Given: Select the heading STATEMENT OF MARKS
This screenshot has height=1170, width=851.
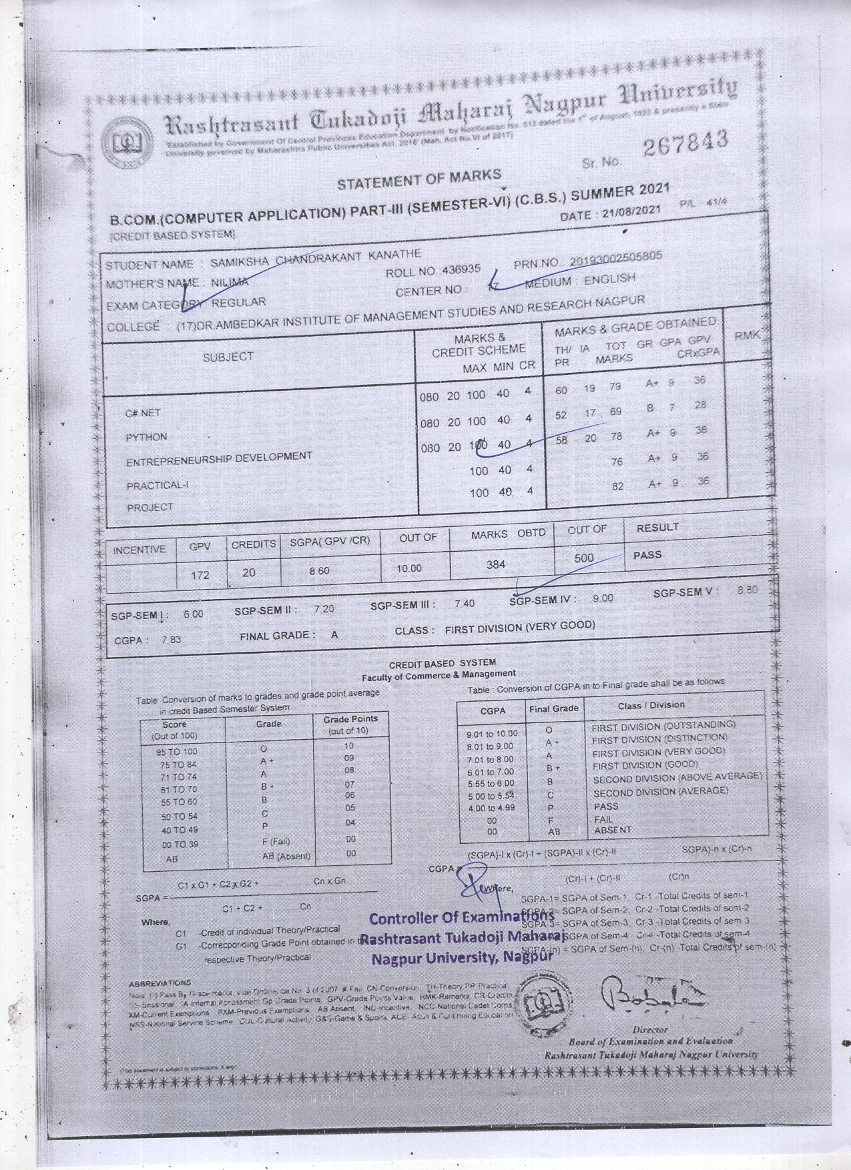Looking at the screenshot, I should pyautogui.click(x=418, y=179).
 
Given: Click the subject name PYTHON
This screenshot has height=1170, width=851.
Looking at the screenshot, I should pyautogui.click(x=146, y=437).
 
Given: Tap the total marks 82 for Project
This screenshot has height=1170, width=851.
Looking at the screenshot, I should pyautogui.click(x=617, y=486).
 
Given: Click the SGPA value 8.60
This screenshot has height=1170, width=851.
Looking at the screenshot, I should pyautogui.click(x=319, y=571).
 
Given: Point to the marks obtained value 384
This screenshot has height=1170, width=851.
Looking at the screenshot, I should pyautogui.click(x=496, y=565).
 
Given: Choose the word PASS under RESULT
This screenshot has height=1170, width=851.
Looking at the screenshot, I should pyautogui.click(x=647, y=555).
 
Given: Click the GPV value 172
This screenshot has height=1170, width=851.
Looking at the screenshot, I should pyautogui.click(x=200, y=574).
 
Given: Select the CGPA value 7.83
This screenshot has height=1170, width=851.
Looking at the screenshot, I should pyautogui.click(x=171, y=639).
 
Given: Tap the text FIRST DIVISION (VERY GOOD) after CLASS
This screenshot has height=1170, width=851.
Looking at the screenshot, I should pyautogui.click(x=519, y=627).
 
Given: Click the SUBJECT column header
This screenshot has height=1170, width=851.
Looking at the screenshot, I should pyautogui.click(x=228, y=357).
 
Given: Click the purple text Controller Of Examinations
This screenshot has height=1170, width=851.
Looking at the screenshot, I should pyautogui.click(x=461, y=918).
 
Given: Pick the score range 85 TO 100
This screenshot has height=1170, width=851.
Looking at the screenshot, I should pyautogui.click(x=175, y=752).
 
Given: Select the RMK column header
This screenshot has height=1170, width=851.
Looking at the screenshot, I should pyautogui.click(x=747, y=336).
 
